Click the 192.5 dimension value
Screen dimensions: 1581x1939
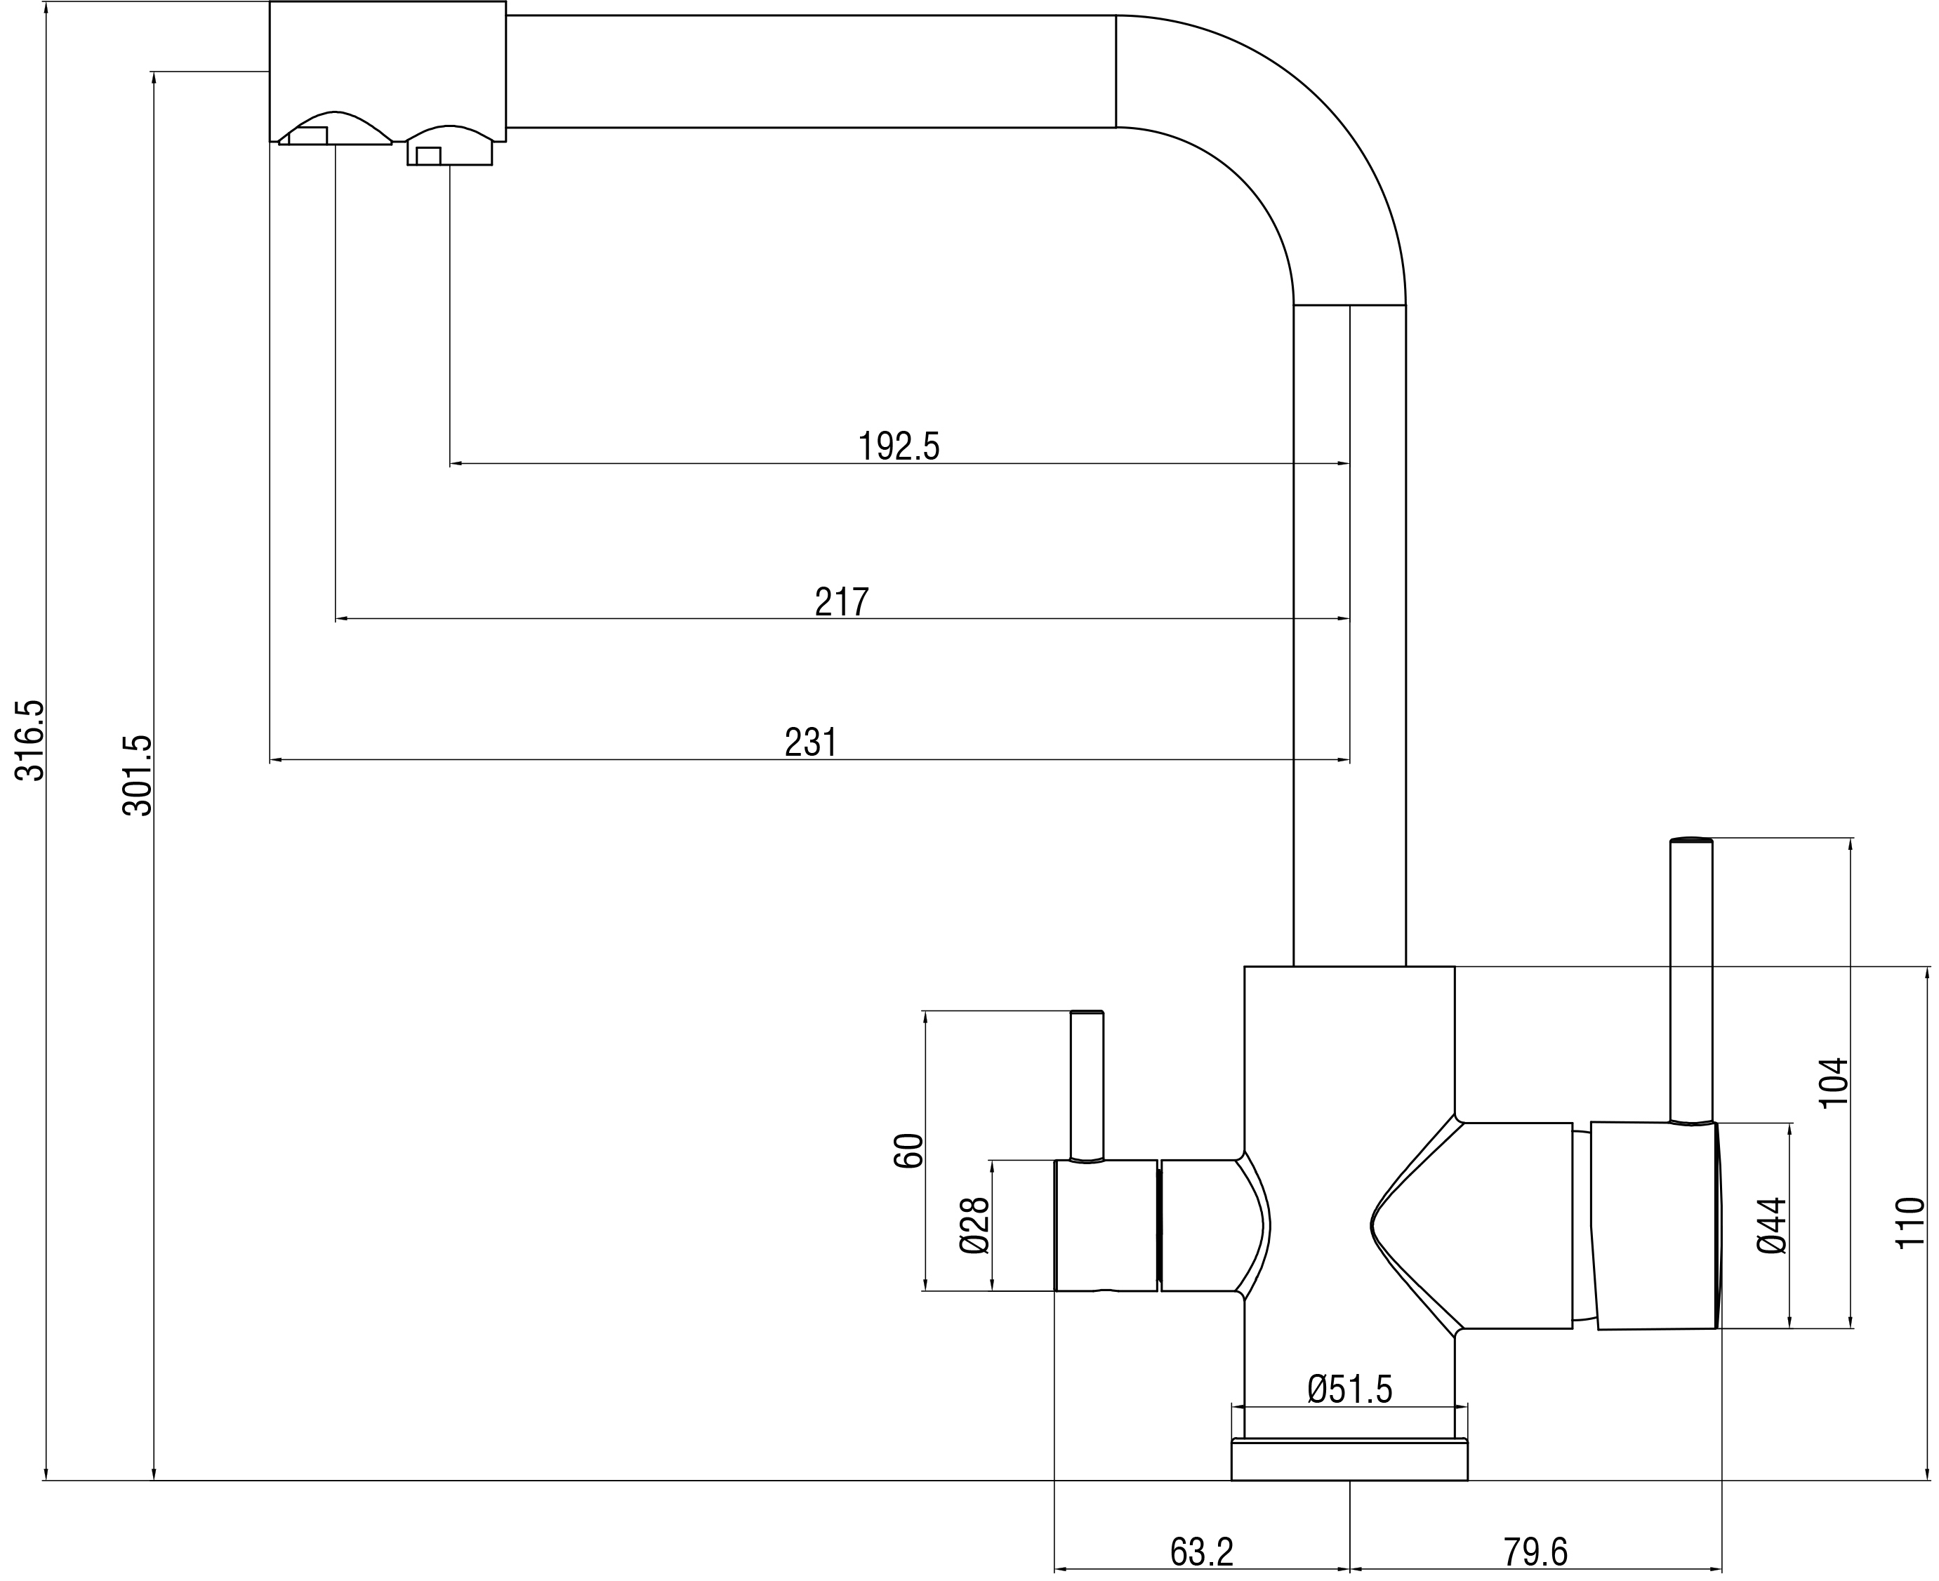point(899,446)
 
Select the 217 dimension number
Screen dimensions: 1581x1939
point(841,602)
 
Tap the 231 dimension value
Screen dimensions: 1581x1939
point(810,742)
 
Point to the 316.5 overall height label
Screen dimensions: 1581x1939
point(30,740)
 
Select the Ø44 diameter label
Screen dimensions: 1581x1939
point(1772,1225)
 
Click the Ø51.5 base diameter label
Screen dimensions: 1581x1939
point(1349,1389)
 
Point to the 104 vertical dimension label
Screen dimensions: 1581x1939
point(1832,1082)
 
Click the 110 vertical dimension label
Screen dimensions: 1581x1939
point(1910,1223)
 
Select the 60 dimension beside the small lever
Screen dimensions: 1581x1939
point(908,1150)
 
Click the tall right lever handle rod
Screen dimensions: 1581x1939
point(1690,979)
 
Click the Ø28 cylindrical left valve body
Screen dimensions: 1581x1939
point(1105,1225)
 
